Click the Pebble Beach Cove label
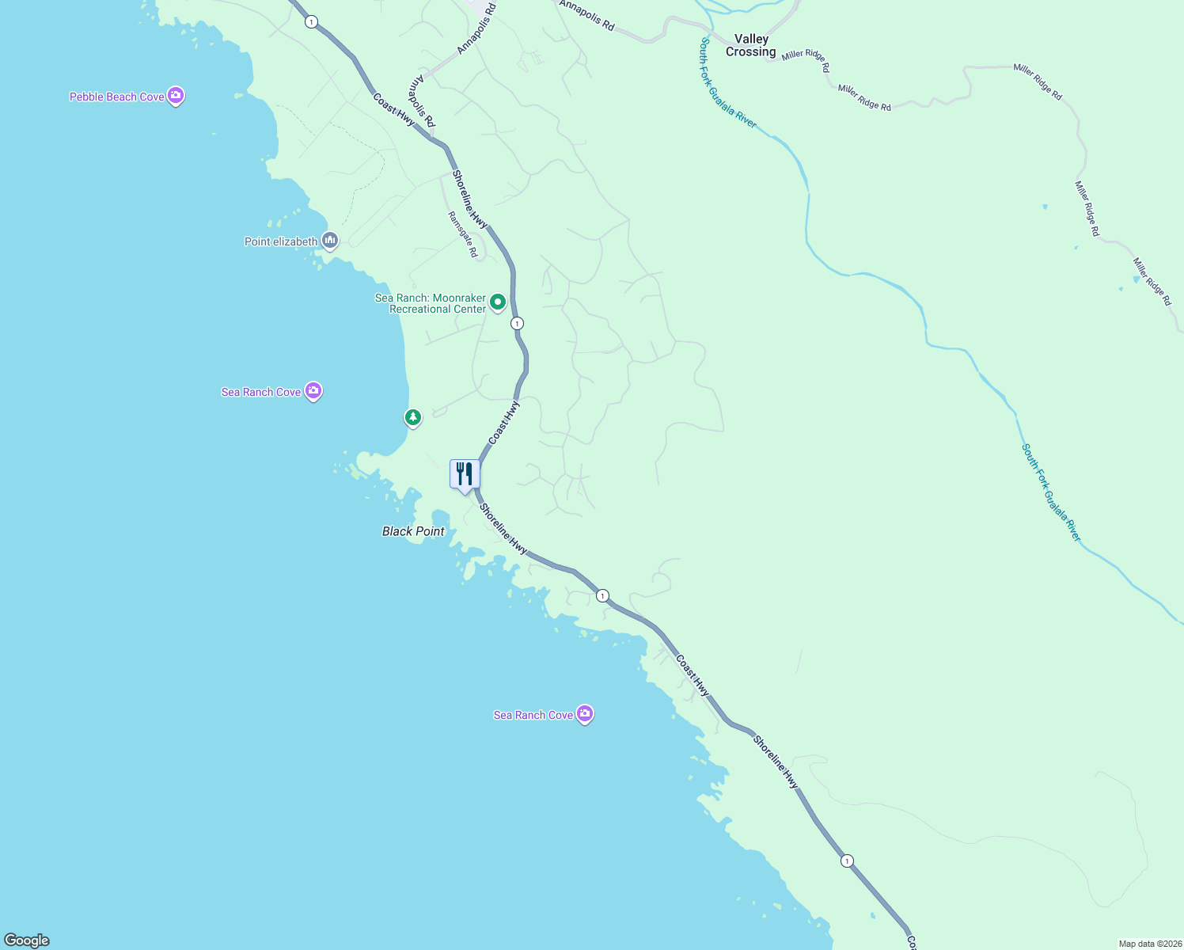117,97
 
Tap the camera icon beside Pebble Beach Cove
176,96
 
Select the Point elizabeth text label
281,241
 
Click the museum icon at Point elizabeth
330,240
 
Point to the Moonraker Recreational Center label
431,304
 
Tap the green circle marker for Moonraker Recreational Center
498,302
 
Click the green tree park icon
412,416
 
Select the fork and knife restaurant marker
465,474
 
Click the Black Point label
413,531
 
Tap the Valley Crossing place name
751,45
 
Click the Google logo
27,940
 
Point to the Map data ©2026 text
1149,944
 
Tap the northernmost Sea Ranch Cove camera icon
313,390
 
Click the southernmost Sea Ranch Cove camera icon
585,714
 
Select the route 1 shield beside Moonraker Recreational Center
517,323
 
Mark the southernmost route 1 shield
847,861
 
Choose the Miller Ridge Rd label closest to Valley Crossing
806,61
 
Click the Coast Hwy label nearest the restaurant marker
504,422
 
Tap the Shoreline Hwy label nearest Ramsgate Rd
469,199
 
